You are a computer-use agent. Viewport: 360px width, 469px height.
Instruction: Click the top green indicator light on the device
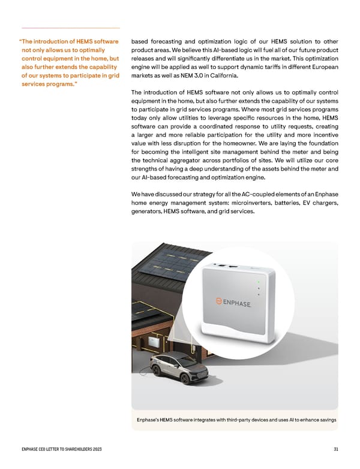[258, 282]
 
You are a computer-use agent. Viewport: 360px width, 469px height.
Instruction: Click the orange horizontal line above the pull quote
[71, 28]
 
